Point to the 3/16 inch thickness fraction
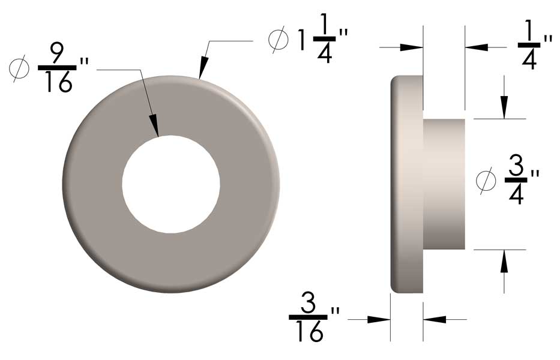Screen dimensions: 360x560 pos(309,319)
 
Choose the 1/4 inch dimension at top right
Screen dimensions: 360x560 pos(528,46)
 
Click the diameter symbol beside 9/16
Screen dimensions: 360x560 pos(20,70)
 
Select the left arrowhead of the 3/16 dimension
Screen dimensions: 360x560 pos(379,320)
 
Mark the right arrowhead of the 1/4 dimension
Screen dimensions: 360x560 pos(477,47)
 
